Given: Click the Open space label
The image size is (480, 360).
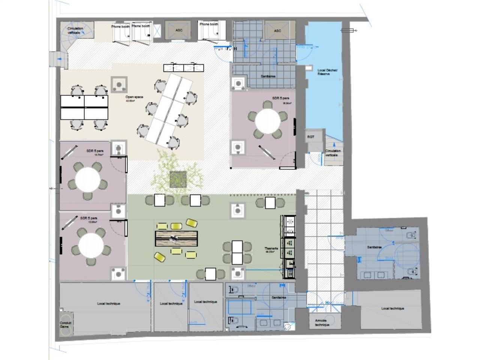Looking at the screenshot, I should (134, 97).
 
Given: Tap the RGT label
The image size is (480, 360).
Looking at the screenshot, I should (311, 137).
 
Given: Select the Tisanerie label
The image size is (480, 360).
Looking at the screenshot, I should (271, 248).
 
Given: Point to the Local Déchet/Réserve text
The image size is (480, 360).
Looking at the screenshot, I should (322, 72).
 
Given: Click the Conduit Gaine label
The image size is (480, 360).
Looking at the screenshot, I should (66, 324).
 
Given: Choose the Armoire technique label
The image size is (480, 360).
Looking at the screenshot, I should (322, 322).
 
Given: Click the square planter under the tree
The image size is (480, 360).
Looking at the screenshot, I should (178, 178).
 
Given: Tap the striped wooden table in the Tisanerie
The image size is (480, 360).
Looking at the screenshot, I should (176, 238).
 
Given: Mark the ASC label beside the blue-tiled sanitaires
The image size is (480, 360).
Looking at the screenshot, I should (277, 30).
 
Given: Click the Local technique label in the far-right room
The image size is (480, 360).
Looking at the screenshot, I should (393, 308).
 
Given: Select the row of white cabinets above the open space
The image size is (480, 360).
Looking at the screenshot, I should (184, 68).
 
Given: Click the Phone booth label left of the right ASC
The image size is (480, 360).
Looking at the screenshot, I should (208, 24).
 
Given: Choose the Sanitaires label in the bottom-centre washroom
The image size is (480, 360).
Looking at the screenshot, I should (279, 297).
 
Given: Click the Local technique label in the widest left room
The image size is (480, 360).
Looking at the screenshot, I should (109, 303).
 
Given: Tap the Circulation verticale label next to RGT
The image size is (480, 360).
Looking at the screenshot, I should (333, 153).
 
